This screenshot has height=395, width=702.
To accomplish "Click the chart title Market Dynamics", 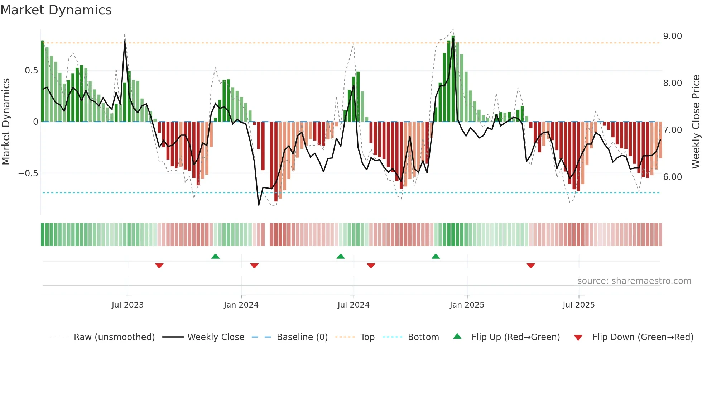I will coord(56,10).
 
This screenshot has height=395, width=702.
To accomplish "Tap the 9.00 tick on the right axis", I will coord(672,36).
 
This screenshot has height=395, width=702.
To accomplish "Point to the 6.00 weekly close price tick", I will coord(672,177).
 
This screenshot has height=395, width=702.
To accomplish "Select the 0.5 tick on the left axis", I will coord(31,71).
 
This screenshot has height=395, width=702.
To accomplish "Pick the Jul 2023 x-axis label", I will coord(128,305).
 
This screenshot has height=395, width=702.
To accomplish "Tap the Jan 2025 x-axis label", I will coord(467,305).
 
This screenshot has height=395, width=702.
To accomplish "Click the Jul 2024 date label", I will coord(353,305).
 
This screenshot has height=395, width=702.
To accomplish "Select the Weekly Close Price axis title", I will coord(696,122).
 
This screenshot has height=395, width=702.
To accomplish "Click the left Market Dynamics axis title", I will coord(6,122).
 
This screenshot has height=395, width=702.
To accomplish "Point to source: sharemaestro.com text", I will coord(634,281).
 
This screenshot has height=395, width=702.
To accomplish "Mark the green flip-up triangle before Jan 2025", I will coord(436,257).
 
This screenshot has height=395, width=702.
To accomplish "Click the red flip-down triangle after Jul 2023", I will coord(159,266).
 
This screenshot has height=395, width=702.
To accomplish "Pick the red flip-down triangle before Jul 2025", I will coord(531,266).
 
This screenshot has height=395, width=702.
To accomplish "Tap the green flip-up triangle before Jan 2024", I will coord(215,257).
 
